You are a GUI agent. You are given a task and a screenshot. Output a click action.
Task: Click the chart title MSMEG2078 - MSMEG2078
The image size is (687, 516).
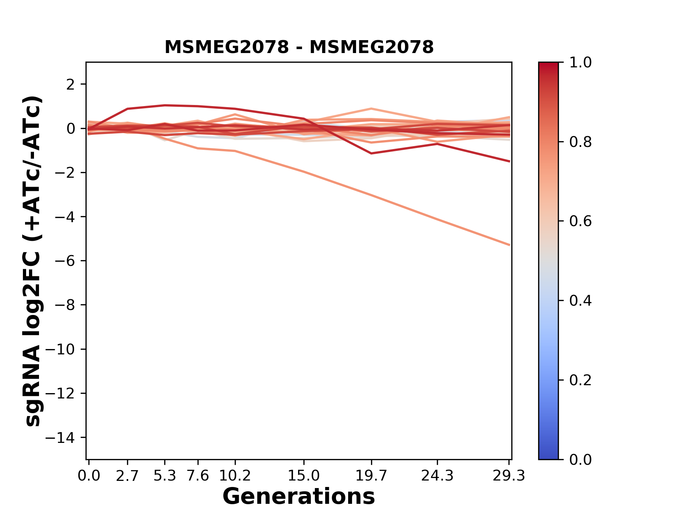(x=299, y=47)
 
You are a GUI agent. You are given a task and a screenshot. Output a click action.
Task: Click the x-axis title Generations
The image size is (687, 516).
(x=299, y=496)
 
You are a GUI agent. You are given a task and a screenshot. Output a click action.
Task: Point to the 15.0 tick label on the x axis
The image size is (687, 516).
(x=303, y=476)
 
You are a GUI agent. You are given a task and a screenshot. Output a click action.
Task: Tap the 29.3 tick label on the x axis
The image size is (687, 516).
(x=509, y=476)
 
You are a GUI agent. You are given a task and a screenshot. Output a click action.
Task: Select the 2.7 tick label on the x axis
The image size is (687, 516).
(x=127, y=476)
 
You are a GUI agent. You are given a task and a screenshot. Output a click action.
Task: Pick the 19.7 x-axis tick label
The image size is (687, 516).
(x=371, y=476)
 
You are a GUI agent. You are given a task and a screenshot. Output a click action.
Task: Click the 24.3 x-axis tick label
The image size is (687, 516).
(x=437, y=476)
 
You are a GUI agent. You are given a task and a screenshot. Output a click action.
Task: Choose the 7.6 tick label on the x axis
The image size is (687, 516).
(x=198, y=476)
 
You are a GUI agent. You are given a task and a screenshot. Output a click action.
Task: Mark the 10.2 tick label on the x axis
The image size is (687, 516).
(x=235, y=476)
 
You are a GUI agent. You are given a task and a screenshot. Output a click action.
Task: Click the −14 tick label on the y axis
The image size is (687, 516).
(x=65, y=438)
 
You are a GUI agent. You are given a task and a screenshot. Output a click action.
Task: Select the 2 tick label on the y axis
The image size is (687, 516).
(x=70, y=85)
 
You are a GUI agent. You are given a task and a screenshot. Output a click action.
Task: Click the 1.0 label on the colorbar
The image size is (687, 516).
(x=580, y=63)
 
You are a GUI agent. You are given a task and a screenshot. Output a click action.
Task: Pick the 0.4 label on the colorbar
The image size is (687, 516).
(x=580, y=301)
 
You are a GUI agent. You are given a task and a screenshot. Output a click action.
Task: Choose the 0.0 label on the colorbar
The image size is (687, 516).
(x=580, y=459)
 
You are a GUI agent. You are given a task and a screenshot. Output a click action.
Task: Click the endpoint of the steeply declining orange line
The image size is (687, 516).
(x=510, y=245)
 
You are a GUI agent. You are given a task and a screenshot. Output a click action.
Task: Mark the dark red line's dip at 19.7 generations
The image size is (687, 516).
(x=371, y=153)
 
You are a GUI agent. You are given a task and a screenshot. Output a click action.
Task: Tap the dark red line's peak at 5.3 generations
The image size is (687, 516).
(x=165, y=105)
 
